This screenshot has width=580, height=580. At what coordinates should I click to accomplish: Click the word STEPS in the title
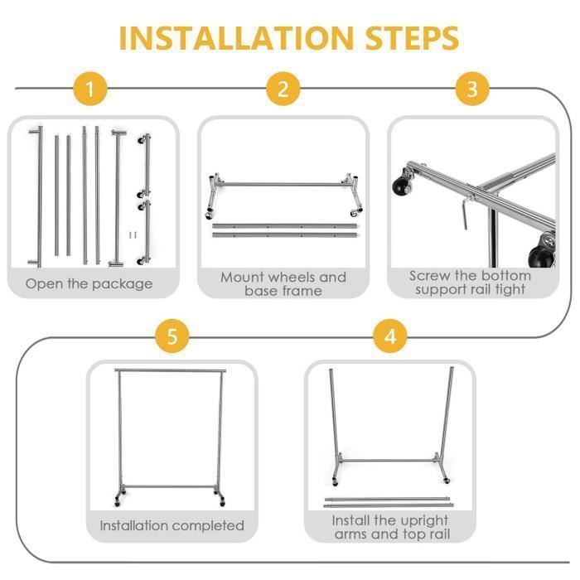pyautogui.click(x=413, y=38)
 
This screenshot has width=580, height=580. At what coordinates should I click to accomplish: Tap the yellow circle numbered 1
pyautogui.click(x=89, y=89)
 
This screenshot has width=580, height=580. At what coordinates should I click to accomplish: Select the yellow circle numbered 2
pyautogui.click(x=283, y=89)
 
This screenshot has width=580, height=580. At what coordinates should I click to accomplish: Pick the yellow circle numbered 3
pyautogui.click(x=472, y=89)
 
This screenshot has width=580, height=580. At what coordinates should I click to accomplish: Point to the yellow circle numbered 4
pyautogui.click(x=390, y=336)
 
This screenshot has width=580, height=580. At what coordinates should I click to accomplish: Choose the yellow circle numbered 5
pyautogui.click(x=172, y=336)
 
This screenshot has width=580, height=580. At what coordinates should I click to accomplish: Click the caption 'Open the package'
pyautogui.click(x=89, y=283)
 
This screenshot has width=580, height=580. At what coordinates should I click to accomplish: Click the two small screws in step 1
pyautogui.click(x=133, y=234)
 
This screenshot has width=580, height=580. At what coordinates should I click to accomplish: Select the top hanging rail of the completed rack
pyautogui.click(x=170, y=370)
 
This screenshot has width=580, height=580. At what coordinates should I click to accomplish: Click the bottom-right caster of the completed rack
pyautogui.click(x=222, y=502)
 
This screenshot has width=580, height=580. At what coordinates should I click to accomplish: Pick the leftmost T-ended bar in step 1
pyautogui.click(x=38, y=196)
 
